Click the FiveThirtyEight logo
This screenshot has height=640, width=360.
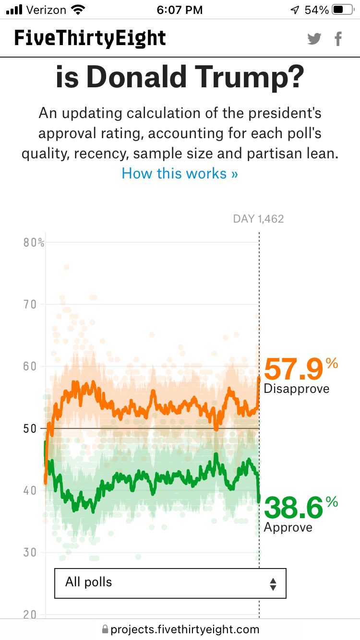coord(90,38)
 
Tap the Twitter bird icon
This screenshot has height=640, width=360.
coord(314,39)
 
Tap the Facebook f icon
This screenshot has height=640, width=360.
coord(338,39)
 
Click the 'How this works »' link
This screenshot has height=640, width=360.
coord(180,173)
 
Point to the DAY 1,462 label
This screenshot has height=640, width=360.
coord(258,219)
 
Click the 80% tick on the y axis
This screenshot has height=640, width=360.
coord(34,243)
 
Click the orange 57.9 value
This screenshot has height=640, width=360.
coord(294,369)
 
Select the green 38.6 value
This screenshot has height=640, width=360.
coord(294,508)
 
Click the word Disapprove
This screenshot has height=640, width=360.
coord(297,389)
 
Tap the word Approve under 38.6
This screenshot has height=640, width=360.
coord(288,527)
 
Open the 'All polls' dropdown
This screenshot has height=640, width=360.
coord(170,583)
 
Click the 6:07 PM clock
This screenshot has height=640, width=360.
coord(180,10)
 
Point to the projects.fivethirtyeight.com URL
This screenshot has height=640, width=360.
coord(185,629)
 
